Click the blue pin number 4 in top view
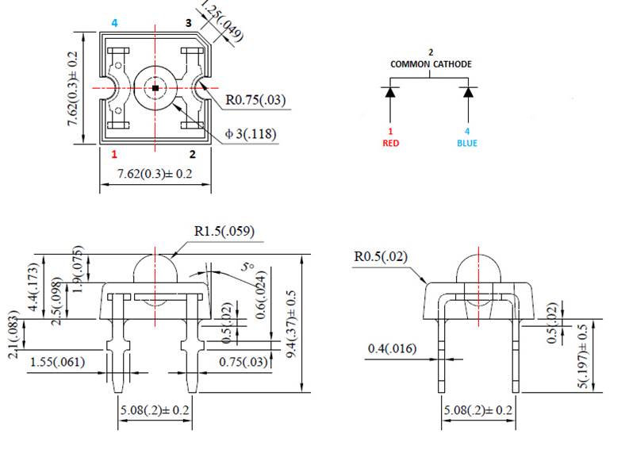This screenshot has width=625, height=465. (115, 23)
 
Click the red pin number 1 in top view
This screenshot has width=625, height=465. (115, 154)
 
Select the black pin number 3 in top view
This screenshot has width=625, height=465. (188, 23)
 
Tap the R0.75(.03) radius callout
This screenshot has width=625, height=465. (255, 101)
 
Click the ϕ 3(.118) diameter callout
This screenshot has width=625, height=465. (251, 134)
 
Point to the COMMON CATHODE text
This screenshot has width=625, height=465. (431, 63)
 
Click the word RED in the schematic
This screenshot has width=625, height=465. (389, 144)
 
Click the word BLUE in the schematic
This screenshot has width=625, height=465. (467, 144)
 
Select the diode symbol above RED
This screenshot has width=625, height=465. (389, 92)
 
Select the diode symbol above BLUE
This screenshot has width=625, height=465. (468, 92)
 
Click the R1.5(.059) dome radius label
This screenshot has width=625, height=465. (224, 232)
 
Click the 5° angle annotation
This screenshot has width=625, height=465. (248, 269)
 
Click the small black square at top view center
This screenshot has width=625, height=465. (155, 86)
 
